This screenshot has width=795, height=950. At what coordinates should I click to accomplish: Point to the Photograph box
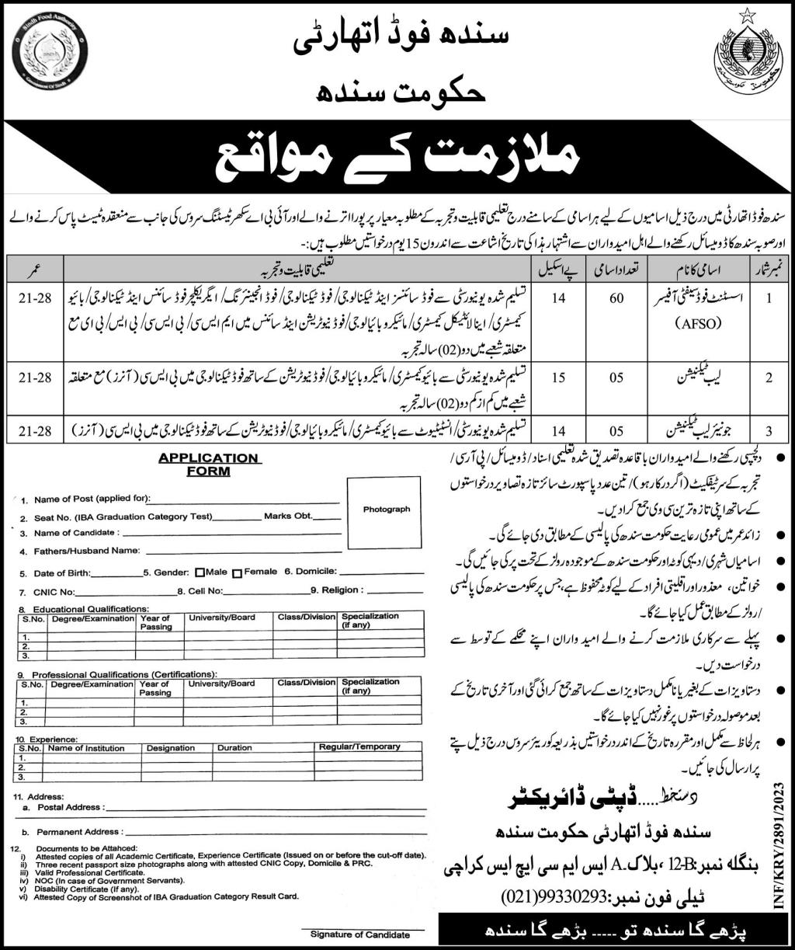[385, 510]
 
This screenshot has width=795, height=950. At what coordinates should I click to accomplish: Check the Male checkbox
[200, 572]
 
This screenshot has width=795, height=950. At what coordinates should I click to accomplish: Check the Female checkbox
[238, 572]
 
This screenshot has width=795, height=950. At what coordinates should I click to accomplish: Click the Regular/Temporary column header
[359, 747]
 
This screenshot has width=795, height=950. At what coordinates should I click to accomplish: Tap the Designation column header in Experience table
[170, 748]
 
